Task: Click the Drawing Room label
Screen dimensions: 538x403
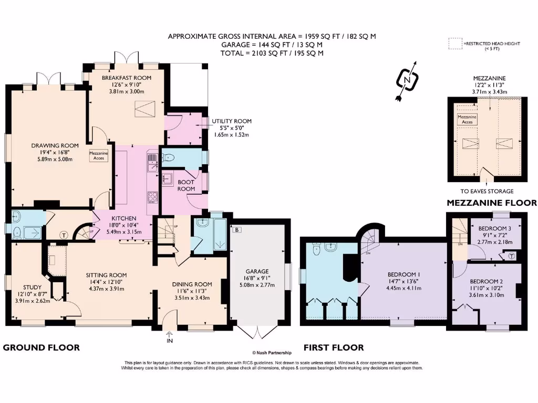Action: pyautogui.click(x=55, y=146)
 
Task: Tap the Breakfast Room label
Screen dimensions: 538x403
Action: pyautogui.click(x=127, y=78)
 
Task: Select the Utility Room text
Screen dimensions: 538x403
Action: pyautogui.click(x=232, y=121)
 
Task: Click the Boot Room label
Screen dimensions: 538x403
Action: pyautogui.click(x=186, y=185)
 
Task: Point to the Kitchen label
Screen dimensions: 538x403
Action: pyautogui.click(x=124, y=218)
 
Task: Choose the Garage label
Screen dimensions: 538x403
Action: pyautogui.click(x=257, y=271)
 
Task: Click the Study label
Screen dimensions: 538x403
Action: pyautogui.click(x=32, y=287)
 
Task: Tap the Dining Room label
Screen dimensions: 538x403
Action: pyautogui.click(x=192, y=284)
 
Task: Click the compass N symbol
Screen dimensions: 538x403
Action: pyautogui.click(x=407, y=80)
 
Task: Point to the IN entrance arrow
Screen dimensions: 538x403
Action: pyautogui.click(x=170, y=334)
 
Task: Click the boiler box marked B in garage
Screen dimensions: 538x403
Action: pyautogui.click(x=237, y=230)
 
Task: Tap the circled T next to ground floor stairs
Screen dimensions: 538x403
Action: pyautogui.click(x=64, y=235)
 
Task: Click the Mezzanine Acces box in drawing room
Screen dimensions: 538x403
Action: pyautogui.click(x=99, y=155)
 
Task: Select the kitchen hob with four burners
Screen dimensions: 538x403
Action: pyautogui.click(x=152, y=197)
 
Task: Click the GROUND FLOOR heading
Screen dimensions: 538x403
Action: pyautogui.click(x=41, y=347)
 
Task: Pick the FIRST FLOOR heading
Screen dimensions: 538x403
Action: pyautogui.click(x=334, y=347)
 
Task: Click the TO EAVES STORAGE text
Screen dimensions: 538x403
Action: pyautogui.click(x=487, y=191)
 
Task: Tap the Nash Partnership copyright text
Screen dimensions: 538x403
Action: pyautogui.click(x=272, y=353)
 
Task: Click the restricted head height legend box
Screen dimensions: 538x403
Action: pyautogui.click(x=456, y=44)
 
